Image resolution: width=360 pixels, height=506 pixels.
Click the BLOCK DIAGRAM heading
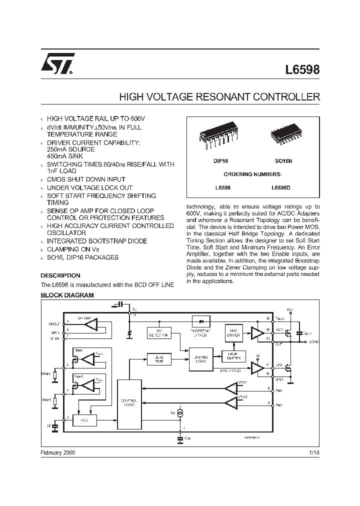(x=67, y=295)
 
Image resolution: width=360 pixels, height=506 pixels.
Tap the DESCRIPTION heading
(x=60, y=275)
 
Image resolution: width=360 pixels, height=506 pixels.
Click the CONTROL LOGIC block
(x=129, y=403)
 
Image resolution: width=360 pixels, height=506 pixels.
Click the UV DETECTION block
(x=158, y=333)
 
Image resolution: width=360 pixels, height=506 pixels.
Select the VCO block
(x=84, y=421)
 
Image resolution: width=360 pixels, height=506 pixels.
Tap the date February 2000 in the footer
(x=58, y=452)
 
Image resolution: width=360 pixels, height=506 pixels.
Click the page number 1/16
(x=313, y=452)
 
